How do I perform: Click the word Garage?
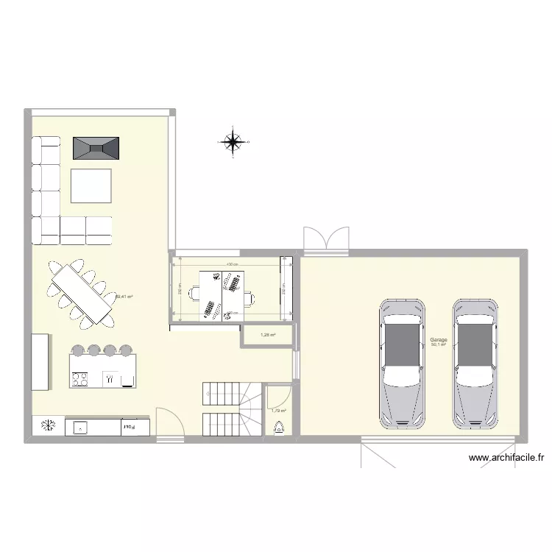click(439, 339)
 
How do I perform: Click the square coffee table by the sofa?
click(91, 185)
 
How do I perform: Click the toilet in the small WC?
click(278, 428)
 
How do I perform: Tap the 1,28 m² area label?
click(268, 336)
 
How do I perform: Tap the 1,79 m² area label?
click(278, 411)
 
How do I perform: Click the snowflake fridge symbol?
click(48, 425)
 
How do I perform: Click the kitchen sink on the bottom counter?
click(79, 426)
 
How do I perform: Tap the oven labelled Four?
click(127, 426)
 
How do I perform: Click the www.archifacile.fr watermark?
click(506, 458)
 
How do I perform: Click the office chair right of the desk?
click(251, 298)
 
